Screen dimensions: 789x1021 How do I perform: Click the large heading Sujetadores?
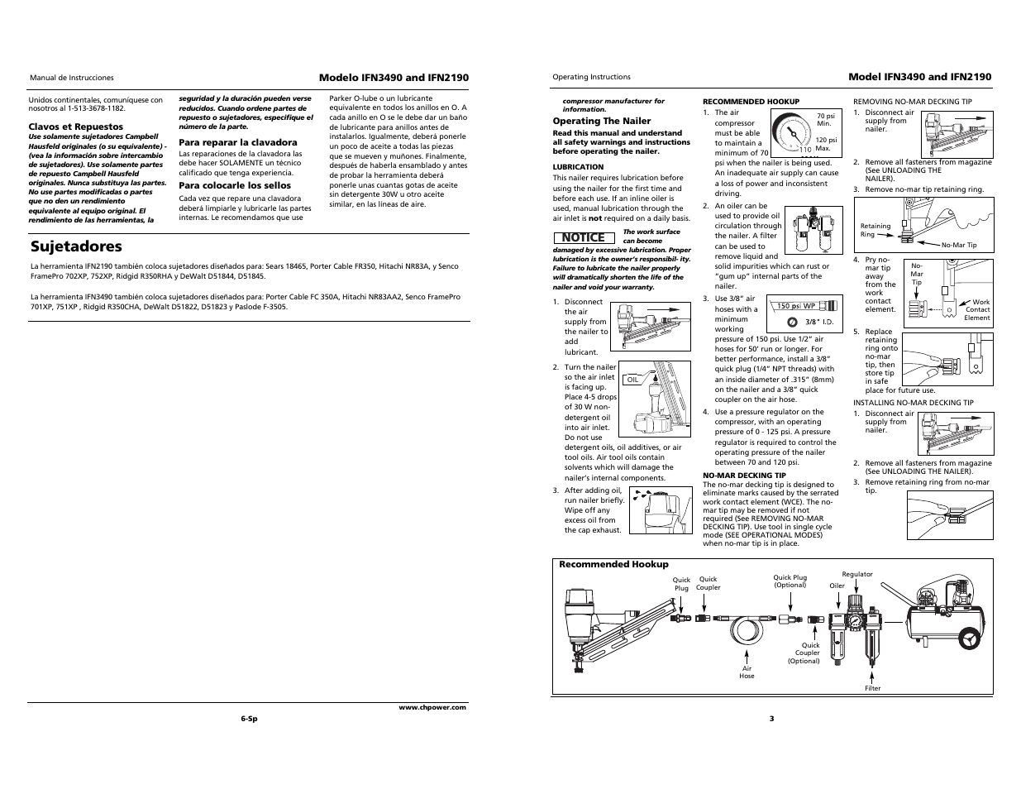tap(76, 246)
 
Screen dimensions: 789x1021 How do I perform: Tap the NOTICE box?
tap(583, 238)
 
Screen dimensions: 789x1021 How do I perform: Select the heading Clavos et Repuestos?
tap(76, 127)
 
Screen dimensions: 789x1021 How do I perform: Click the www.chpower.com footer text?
tap(432, 707)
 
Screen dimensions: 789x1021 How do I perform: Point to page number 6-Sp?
tap(249, 719)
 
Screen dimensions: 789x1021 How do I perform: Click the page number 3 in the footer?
tap(771, 718)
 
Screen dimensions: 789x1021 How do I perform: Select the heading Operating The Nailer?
tap(601, 121)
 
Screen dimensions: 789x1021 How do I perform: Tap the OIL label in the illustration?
tap(633, 380)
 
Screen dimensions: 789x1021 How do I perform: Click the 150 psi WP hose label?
tap(794, 306)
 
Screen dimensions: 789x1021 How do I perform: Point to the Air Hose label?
tap(747, 672)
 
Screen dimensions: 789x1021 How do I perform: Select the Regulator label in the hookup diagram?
tap(856, 574)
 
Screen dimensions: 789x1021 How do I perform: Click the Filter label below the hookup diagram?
tap(872, 688)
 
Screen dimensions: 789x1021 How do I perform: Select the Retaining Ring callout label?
tap(875, 230)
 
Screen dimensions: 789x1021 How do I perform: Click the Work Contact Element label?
tap(976, 310)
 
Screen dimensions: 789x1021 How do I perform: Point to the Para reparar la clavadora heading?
tap(238, 142)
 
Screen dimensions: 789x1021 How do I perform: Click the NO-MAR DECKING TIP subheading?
tap(744, 476)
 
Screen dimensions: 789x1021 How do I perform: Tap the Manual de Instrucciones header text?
tap(72, 78)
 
